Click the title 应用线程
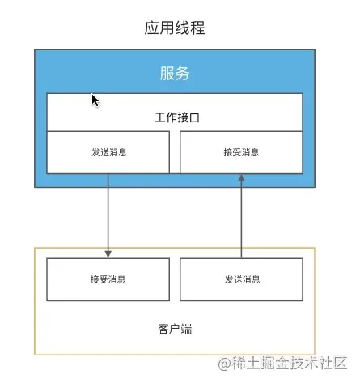point(175,28)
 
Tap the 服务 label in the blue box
point(175,73)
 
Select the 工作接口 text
point(177,117)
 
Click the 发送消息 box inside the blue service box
point(108,152)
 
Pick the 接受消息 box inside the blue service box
point(241,152)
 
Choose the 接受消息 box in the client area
point(108,279)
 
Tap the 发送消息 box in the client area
point(241,279)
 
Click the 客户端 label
point(175,329)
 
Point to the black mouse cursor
point(95,100)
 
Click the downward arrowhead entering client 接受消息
point(108,254)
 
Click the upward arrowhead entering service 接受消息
point(241,178)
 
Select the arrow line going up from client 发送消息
point(241,216)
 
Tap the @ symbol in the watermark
point(225,364)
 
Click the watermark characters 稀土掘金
point(260,364)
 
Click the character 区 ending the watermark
point(340,364)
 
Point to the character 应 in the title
point(152,28)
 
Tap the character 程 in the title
point(197,28)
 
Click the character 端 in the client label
point(186,329)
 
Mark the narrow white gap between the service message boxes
point(175,152)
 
